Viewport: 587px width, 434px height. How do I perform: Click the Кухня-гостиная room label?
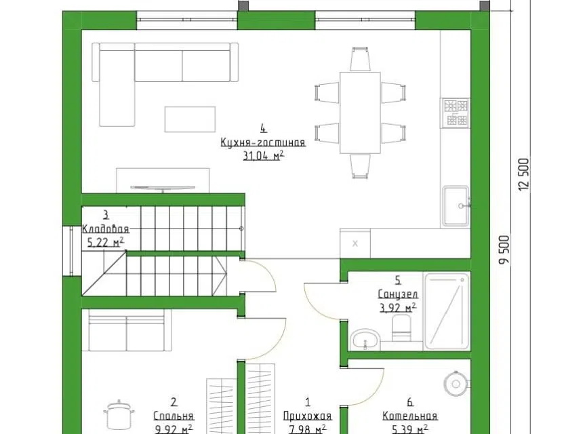click(x=263, y=142)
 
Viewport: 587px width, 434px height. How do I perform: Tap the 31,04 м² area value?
click(x=263, y=155)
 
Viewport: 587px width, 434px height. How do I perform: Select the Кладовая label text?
click(x=106, y=229)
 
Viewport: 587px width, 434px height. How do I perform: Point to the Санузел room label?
click(x=398, y=294)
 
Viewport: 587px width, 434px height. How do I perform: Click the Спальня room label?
click(x=174, y=416)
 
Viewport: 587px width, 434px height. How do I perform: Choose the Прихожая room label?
click(x=307, y=416)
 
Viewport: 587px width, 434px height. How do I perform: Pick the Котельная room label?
click(x=410, y=416)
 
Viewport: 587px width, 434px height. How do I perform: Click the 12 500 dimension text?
click(x=525, y=174)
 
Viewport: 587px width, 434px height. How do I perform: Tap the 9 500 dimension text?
click(x=504, y=250)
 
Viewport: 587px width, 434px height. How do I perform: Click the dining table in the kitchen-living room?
click(x=360, y=113)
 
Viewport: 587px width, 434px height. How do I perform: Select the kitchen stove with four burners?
click(x=456, y=113)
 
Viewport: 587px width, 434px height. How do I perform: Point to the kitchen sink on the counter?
click(x=456, y=206)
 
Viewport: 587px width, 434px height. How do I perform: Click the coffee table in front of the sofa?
click(x=190, y=119)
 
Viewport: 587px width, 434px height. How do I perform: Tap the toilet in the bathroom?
click(x=401, y=328)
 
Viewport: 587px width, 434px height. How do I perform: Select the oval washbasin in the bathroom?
click(x=365, y=340)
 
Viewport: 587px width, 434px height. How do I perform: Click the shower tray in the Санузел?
click(x=447, y=311)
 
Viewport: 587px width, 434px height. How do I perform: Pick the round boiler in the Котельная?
click(x=456, y=383)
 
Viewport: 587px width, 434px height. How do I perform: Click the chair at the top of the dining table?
click(x=360, y=59)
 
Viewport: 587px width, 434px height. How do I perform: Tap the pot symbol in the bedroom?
click(x=119, y=414)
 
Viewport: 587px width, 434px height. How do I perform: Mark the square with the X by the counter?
click(x=355, y=243)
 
